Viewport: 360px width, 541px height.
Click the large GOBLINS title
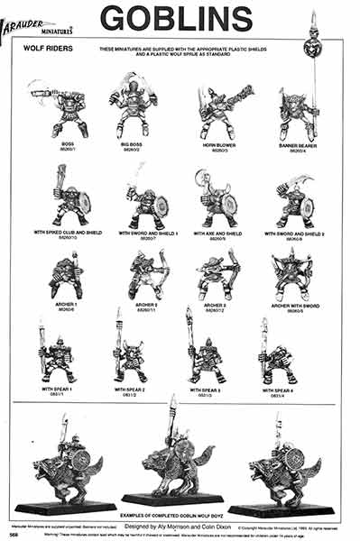tap(175, 18)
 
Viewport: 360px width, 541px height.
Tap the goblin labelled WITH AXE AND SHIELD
tap(216, 201)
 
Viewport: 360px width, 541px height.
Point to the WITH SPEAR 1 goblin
tap(57, 355)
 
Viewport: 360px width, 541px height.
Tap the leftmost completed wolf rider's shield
tap(79, 459)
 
